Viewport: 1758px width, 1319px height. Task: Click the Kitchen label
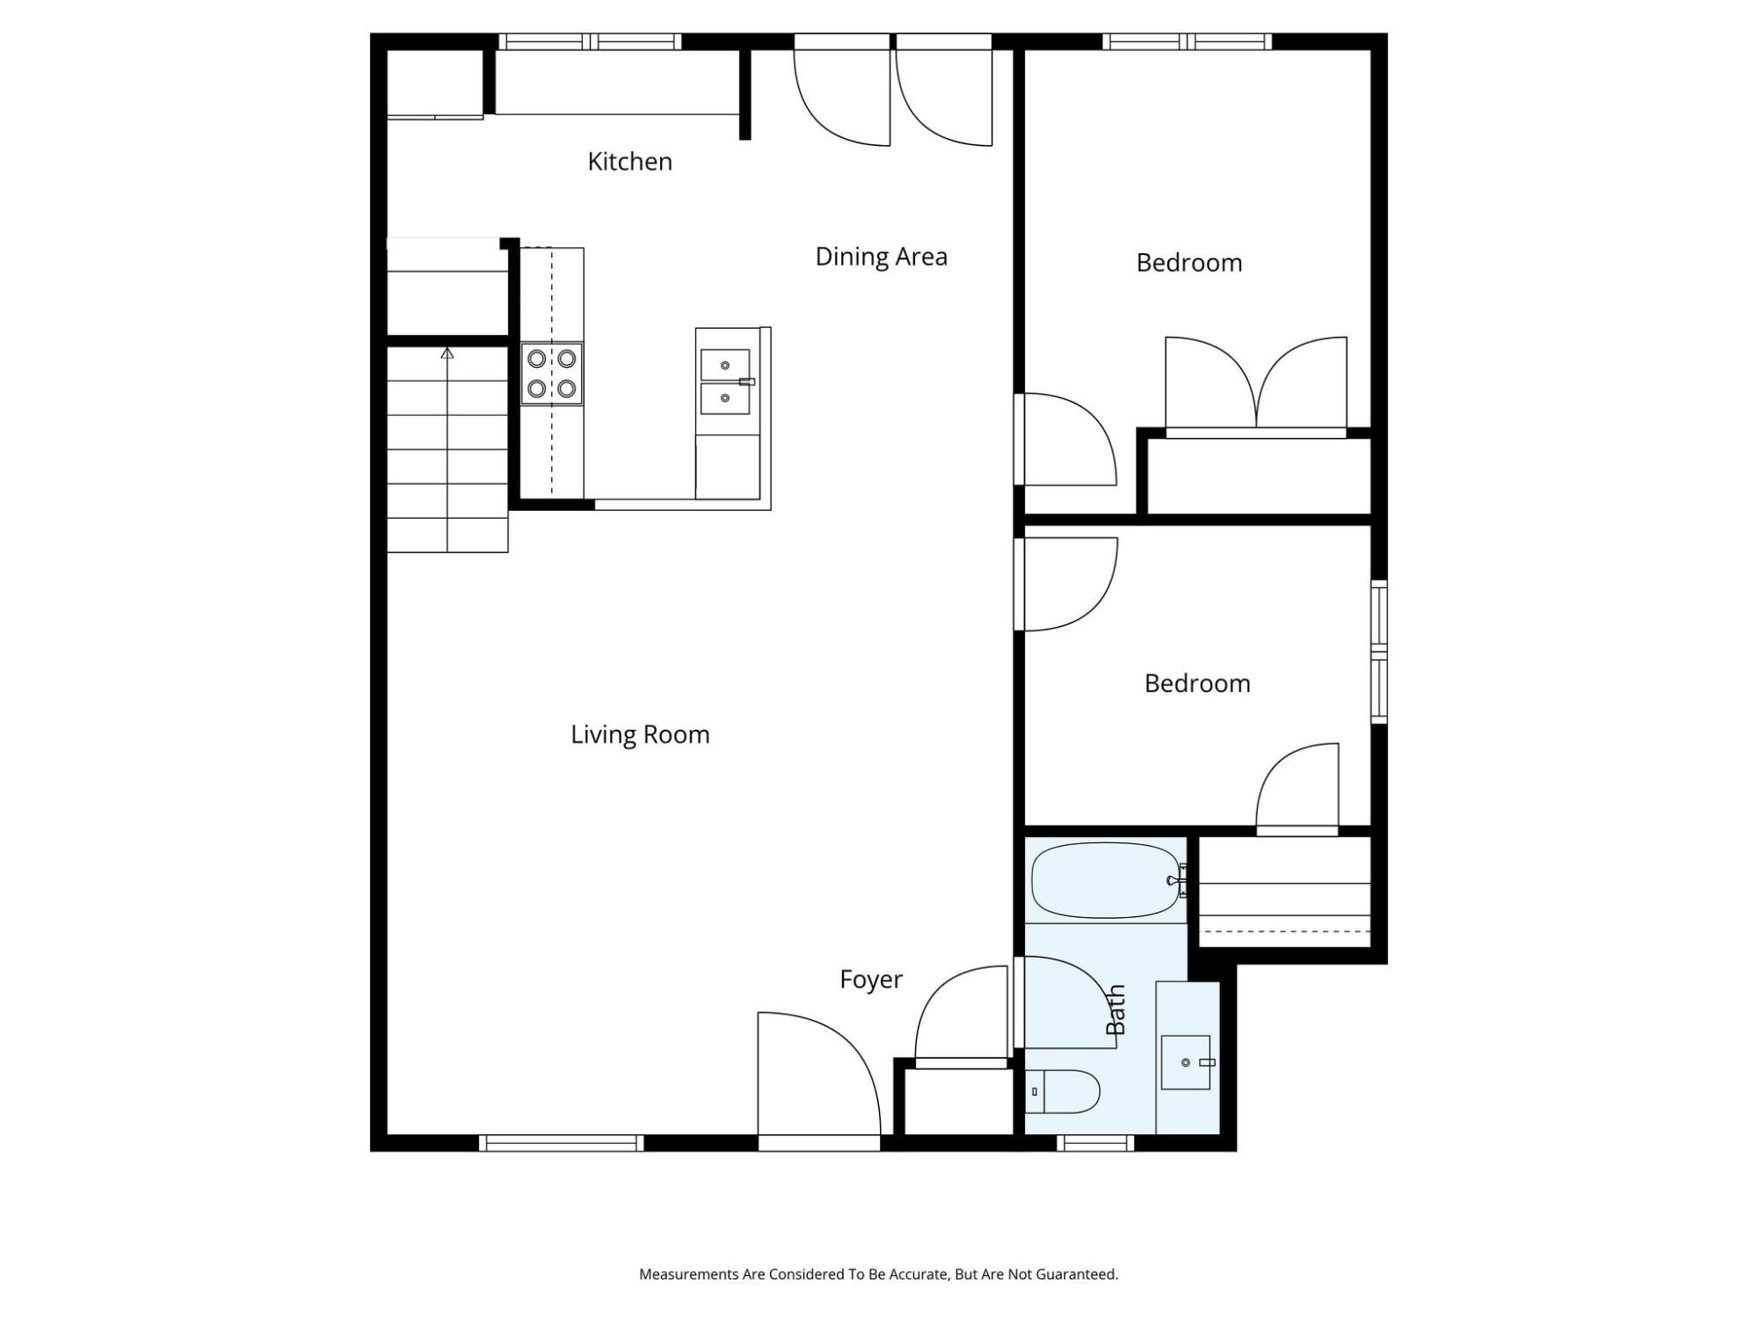(x=629, y=162)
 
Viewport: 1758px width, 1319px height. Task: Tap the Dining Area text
(x=882, y=257)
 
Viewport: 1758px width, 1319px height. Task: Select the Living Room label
(x=640, y=735)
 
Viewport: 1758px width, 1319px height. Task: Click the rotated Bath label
(x=1115, y=1009)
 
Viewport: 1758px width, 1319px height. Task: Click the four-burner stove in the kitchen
(x=552, y=374)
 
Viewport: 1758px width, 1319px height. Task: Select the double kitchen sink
(x=726, y=382)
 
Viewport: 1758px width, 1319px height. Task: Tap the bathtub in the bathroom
(x=1106, y=881)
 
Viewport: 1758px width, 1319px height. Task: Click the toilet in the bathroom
(x=1063, y=1091)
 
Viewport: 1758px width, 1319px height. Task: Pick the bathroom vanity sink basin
(x=1186, y=1062)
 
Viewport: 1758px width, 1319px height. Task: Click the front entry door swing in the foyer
(x=819, y=1074)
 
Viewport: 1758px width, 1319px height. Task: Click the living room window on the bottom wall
(x=562, y=1143)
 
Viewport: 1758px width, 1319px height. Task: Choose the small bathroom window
(x=1095, y=1143)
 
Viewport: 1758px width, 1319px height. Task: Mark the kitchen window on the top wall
(x=591, y=41)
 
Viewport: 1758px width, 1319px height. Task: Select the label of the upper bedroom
(x=1189, y=263)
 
